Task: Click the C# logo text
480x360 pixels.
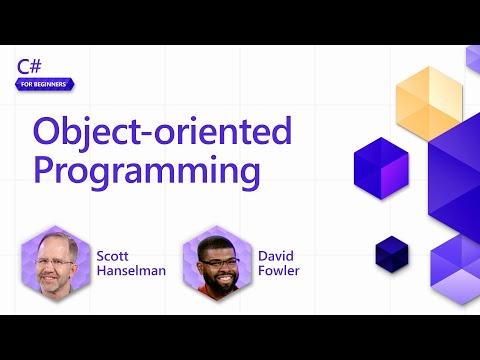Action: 29,66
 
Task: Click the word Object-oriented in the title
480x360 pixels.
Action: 162,131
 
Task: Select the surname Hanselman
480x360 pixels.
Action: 130,271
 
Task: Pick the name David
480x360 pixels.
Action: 277,254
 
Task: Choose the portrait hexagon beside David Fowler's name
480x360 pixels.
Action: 217,261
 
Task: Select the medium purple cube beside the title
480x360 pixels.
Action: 382,167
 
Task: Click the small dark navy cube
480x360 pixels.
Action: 392,252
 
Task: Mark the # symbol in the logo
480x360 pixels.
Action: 36,66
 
